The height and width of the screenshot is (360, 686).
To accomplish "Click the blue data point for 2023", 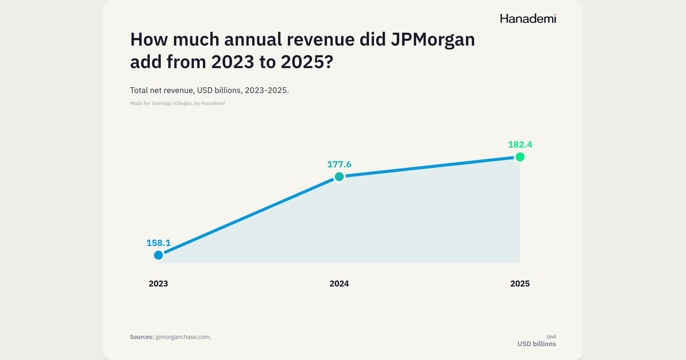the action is point(158,255).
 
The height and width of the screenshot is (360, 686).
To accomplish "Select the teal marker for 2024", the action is point(339,177).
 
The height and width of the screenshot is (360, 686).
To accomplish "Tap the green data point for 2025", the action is point(520,157).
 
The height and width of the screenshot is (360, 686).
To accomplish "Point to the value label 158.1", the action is point(158,243).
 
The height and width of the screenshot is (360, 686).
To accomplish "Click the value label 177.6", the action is point(339,165).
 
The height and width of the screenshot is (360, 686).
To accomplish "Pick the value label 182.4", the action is point(520,145).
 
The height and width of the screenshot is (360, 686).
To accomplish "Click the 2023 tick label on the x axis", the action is point(158,283).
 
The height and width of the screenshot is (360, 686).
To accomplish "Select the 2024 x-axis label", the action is point(339,283).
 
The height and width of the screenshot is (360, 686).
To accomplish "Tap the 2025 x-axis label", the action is point(520,283).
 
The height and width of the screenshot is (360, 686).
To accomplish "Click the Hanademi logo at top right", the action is point(528,19).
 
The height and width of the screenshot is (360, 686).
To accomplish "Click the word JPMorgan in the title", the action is point(433,40).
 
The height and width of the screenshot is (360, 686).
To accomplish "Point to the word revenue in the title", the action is point(320,40).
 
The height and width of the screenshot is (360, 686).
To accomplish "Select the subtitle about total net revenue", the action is point(209,90).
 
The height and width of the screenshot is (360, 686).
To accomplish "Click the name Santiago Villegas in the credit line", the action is point(171,103).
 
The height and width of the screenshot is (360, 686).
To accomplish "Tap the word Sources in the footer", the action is point(142,337).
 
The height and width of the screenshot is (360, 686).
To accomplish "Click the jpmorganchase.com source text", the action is point(183,337).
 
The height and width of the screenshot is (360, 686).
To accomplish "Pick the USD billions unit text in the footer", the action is point(537,344).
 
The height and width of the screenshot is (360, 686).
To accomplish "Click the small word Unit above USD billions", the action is point(551,337).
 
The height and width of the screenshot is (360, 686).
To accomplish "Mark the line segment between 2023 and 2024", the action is point(249,216).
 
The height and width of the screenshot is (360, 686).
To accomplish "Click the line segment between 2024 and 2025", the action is point(429,167).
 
